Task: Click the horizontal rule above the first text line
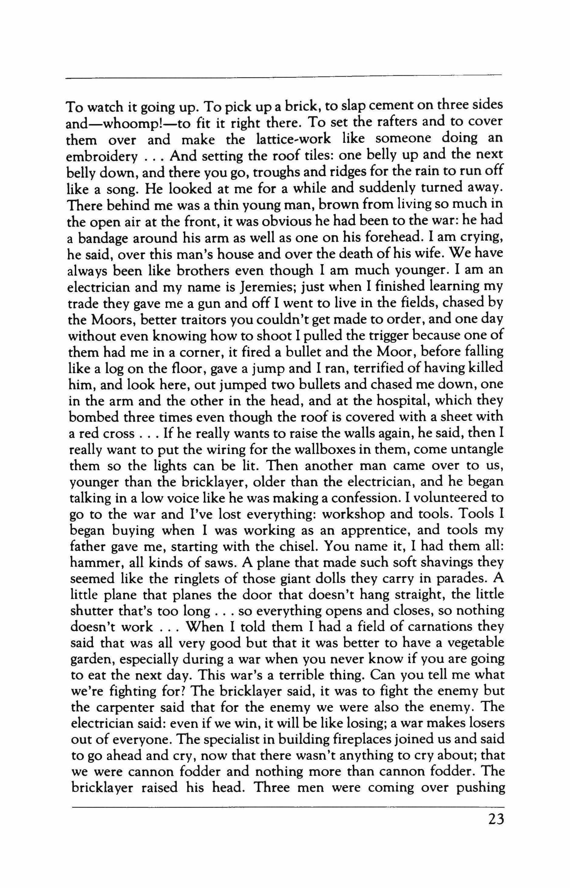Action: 283,78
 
